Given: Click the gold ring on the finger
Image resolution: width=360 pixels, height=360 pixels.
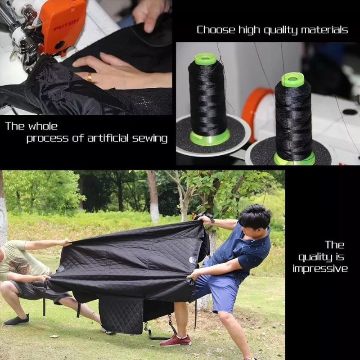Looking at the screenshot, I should click(90, 78).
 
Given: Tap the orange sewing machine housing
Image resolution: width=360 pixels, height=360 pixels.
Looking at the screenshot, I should click(63, 22).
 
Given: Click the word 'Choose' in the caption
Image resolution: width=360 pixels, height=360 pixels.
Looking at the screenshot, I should click(215, 30).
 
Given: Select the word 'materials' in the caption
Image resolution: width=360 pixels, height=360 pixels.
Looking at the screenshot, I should click(325, 30).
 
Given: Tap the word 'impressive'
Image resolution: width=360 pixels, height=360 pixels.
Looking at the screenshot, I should click(320, 269).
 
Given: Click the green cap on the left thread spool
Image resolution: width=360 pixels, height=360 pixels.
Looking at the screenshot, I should click(206, 59).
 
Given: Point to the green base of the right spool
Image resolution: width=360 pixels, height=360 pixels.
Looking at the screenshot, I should click(295, 159).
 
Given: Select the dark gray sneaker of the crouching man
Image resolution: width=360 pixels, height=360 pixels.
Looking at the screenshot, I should click(17, 320).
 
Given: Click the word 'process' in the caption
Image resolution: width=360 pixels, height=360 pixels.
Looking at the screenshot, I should click(43, 139).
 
